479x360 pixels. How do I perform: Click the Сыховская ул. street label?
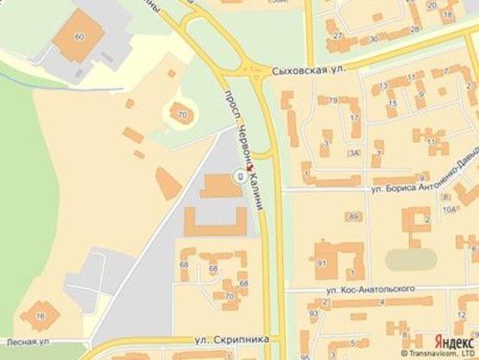tap(302, 72)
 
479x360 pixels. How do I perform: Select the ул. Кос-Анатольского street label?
tap(372, 288)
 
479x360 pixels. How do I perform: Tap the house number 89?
tap(353, 216)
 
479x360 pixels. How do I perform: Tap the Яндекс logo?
tap(452, 339)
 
